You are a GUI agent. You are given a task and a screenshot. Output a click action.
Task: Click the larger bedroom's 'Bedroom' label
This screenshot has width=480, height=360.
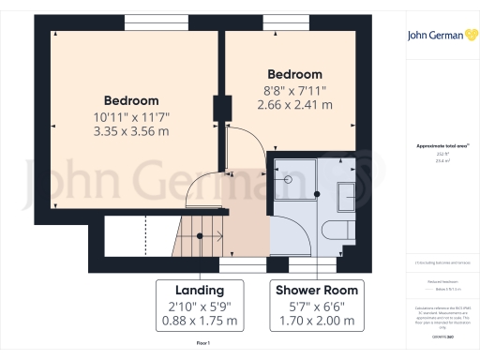(x=131, y=100)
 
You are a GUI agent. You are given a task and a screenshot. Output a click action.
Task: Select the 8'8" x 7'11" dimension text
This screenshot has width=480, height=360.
(x=294, y=91)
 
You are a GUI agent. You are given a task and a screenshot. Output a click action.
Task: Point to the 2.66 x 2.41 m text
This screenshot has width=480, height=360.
(x=294, y=106)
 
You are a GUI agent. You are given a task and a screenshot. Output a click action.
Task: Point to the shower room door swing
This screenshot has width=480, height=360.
(x=285, y=230)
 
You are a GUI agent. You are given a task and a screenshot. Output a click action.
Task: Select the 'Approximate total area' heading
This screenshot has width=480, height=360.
(x=442, y=147)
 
